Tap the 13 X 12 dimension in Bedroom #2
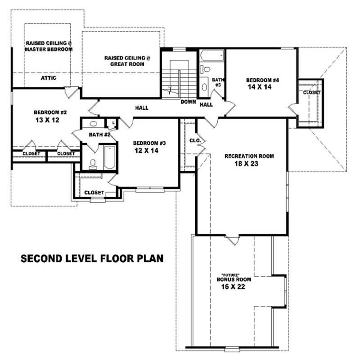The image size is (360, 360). (47, 120)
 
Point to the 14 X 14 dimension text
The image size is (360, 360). (259, 87)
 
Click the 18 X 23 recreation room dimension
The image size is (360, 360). (249, 164)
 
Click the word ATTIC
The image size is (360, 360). (48, 78)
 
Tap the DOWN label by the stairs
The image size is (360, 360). (188, 102)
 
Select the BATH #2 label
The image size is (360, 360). (99, 135)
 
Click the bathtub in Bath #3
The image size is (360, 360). (212, 57)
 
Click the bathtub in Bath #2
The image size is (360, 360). (109, 157)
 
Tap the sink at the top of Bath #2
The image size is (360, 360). (94, 124)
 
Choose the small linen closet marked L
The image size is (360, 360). (111, 123)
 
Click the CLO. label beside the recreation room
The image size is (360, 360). (194, 140)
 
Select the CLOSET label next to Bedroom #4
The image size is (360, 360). (311, 92)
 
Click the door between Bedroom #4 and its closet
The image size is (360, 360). (292, 108)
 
